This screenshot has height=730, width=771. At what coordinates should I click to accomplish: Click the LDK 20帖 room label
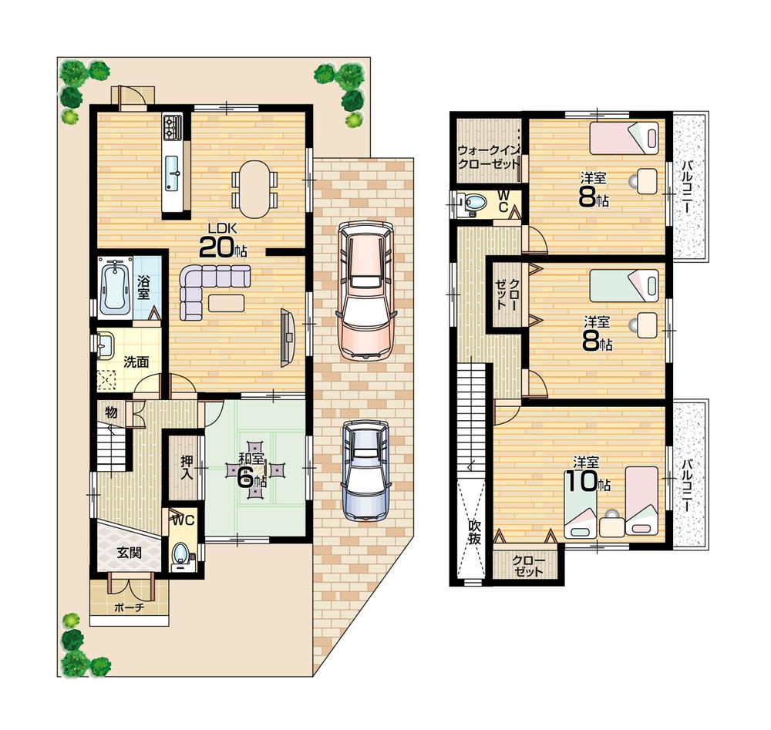tap(223, 241)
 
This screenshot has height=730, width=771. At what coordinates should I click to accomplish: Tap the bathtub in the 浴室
tap(114, 288)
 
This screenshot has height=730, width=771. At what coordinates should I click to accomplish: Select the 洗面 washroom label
tap(136, 362)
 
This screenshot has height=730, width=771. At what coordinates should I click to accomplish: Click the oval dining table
tap(254, 188)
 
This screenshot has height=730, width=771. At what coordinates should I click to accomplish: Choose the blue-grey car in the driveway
tap(363, 470)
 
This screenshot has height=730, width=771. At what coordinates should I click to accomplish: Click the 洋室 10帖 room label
tap(587, 475)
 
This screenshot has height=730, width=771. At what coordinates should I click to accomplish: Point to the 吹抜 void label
tap(474, 533)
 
